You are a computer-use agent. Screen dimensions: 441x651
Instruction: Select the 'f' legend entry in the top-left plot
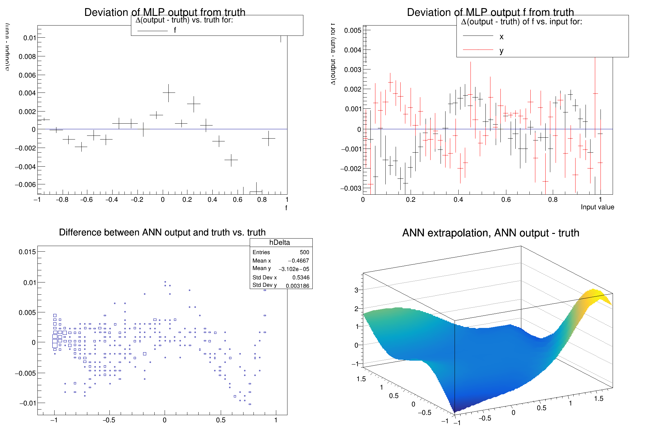pos(175,30)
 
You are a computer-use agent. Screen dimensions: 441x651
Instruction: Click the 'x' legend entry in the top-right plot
pos(501,37)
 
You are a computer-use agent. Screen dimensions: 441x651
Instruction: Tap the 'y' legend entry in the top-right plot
pos(501,51)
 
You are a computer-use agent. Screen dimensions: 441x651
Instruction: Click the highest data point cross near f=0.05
pos(168,92)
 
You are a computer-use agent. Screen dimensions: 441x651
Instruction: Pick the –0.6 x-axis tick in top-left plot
pos(86,200)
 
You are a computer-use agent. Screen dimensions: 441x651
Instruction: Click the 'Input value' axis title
pos(597,207)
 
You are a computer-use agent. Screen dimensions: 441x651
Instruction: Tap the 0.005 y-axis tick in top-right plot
pos(353,30)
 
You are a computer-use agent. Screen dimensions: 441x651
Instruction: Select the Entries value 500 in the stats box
pos(304,252)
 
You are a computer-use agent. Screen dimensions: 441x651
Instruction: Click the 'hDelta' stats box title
pos(279,243)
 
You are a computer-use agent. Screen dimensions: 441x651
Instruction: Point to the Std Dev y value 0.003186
pos(297,286)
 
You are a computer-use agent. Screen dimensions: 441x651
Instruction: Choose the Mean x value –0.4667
pos(298,261)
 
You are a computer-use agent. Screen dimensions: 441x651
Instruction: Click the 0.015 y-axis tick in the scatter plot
pos(27,252)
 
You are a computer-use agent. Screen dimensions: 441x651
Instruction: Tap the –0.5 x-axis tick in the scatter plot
pos(109,420)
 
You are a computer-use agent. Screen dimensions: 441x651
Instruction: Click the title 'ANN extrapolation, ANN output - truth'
pos(490,233)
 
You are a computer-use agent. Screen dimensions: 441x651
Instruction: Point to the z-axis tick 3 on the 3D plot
pos(356,290)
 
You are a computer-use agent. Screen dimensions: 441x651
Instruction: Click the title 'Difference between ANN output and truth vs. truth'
pos(162,232)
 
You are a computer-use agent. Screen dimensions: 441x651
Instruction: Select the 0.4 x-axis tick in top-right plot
pos(458,200)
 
